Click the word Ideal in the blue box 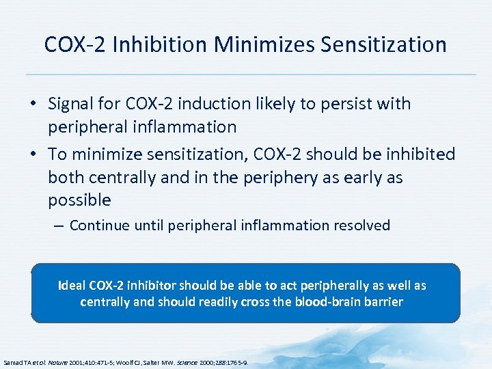(x=72, y=285)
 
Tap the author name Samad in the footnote (x=13, y=362)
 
